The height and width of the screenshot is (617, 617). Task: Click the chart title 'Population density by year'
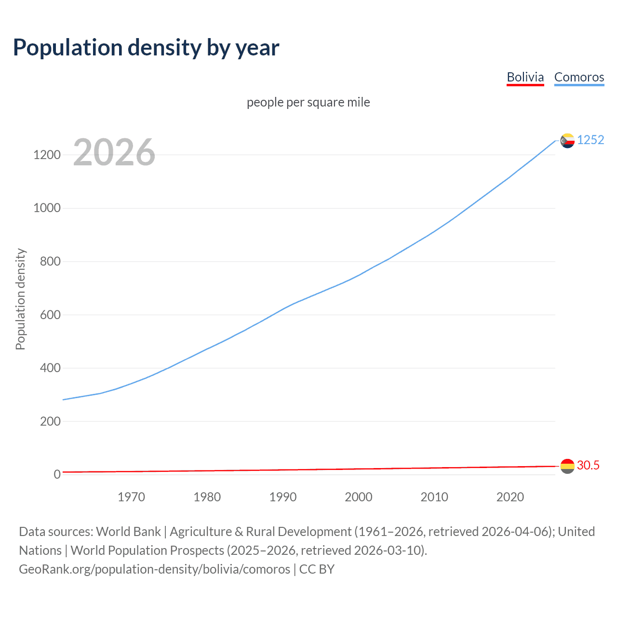(x=146, y=48)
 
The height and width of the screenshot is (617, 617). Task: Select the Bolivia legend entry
(x=525, y=77)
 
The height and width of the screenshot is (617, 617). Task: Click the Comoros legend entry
(x=579, y=77)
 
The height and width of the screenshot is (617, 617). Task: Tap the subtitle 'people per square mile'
(x=308, y=102)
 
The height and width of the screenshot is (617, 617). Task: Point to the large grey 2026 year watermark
(x=114, y=152)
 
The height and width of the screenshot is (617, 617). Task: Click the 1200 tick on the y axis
(x=47, y=155)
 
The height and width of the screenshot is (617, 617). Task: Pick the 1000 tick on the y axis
(x=47, y=208)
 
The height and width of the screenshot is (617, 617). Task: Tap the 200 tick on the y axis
(x=50, y=421)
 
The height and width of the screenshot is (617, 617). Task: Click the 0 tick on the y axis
(x=57, y=474)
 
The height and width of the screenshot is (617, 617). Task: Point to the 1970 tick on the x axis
(x=131, y=497)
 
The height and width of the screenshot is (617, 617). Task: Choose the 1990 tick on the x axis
(x=283, y=497)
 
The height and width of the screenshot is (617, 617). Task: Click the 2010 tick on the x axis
(x=434, y=497)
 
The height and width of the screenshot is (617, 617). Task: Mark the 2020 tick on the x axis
(x=510, y=497)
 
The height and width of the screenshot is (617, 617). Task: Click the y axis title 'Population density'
(x=20, y=299)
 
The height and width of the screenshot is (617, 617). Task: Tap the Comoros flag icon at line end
(x=567, y=140)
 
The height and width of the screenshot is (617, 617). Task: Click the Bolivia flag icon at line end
(x=567, y=466)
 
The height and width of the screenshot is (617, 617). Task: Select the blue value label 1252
(x=590, y=140)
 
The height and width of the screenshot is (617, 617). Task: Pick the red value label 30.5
(x=588, y=465)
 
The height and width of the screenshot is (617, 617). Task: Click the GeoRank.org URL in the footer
(x=154, y=569)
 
